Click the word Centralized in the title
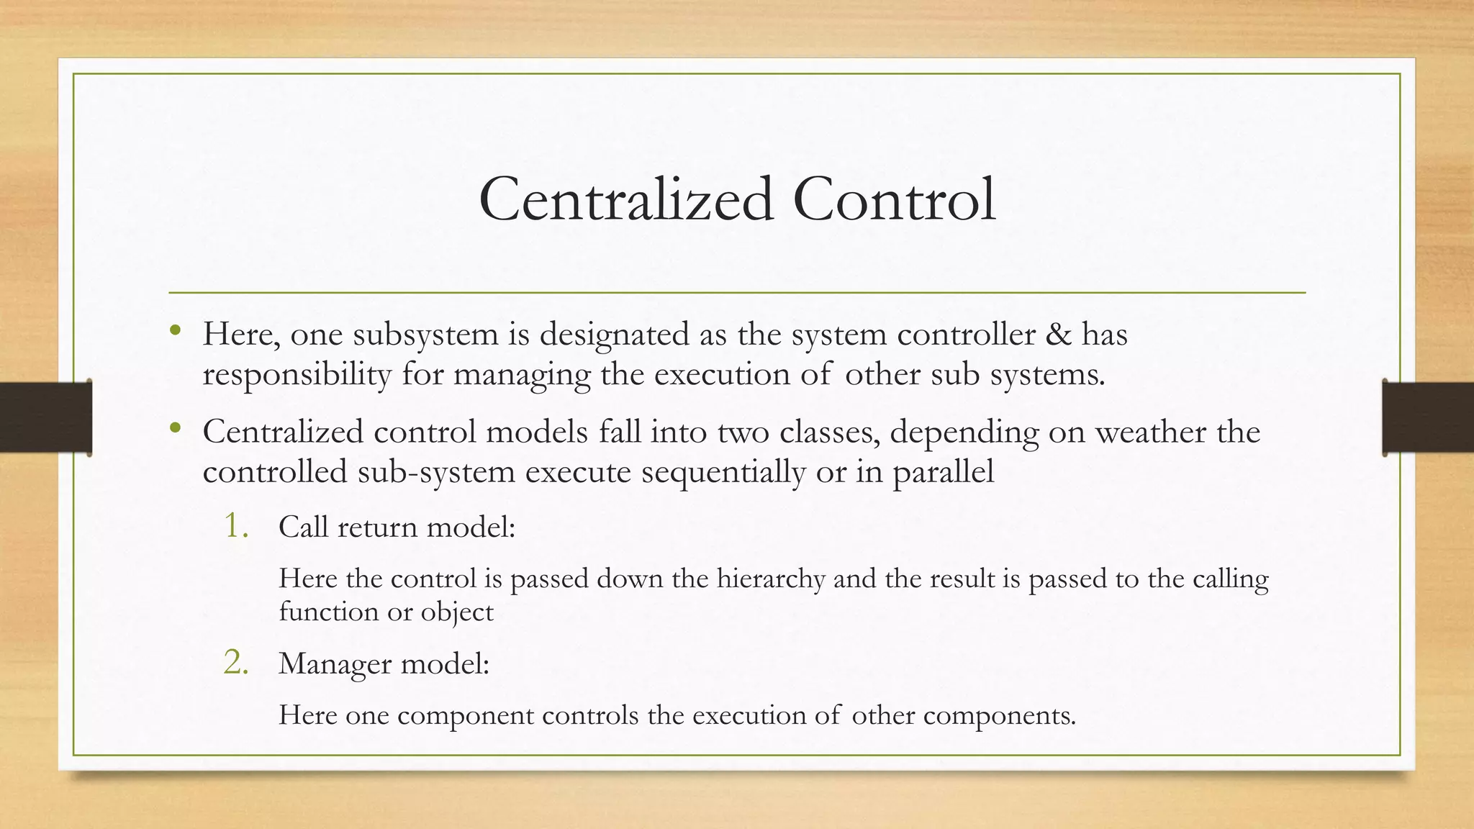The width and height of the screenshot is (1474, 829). [x=626, y=199]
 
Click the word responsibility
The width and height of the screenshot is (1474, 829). [x=297, y=375]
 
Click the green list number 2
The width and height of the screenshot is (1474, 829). [x=236, y=662]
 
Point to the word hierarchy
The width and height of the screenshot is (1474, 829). [x=770, y=579]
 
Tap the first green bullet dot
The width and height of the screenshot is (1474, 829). [x=176, y=332]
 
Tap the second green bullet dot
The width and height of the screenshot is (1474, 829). [x=176, y=430]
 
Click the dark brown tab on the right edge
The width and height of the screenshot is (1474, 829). [x=1428, y=417]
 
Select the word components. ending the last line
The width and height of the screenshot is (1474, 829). [x=999, y=716]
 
